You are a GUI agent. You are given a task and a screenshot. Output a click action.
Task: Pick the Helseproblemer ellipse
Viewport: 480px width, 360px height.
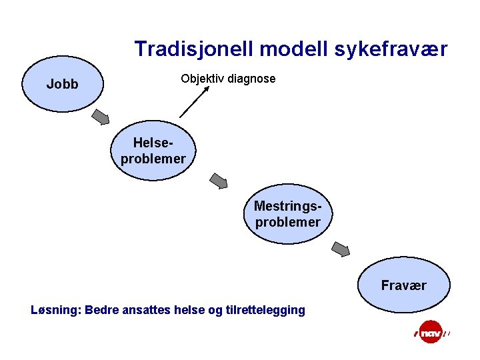pyautogui.click(x=153, y=151)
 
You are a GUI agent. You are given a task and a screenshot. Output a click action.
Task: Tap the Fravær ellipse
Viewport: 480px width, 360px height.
pyautogui.click(x=403, y=285)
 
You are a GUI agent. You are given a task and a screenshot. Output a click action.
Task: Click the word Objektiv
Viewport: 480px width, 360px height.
pyautogui.click(x=202, y=79)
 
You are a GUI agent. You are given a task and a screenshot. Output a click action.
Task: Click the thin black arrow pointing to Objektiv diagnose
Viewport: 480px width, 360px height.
pyautogui.click(x=194, y=103)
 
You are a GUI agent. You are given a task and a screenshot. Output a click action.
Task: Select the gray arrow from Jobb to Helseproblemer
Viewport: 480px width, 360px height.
pyautogui.click(x=101, y=117)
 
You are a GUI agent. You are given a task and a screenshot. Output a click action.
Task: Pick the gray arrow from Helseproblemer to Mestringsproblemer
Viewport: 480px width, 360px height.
pyautogui.click(x=219, y=180)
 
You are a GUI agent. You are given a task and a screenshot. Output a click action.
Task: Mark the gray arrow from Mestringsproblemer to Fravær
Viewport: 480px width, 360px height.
pyautogui.click(x=341, y=249)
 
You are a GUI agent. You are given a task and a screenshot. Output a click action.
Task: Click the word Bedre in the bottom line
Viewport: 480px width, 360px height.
pyautogui.click(x=101, y=309)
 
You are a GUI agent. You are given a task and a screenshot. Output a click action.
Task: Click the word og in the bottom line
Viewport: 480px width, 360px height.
pyautogui.click(x=214, y=311)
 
